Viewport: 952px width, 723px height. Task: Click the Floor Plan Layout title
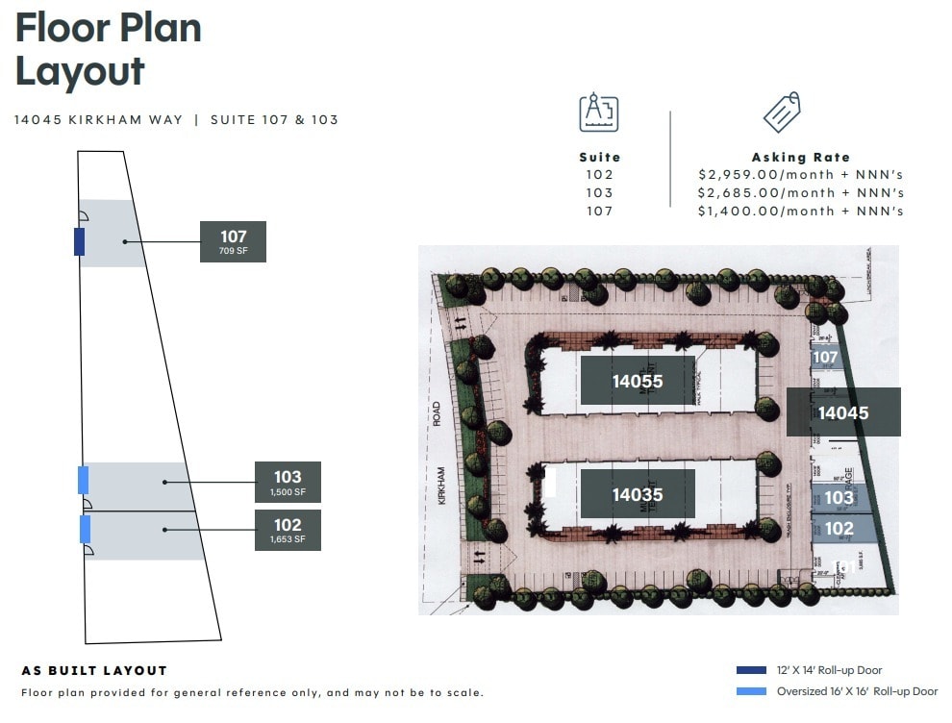pos(108,49)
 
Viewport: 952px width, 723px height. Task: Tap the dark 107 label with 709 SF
pos(233,241)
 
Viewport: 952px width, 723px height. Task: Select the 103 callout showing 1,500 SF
pos(288,482)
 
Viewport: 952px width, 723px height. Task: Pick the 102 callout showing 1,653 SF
pos(288,530)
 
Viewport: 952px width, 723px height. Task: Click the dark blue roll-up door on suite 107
pos(79,241)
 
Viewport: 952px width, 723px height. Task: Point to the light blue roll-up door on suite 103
pos(83,480)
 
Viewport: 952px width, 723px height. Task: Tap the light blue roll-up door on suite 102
pos(85,529)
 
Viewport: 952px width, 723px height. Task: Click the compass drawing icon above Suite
pos(599,113)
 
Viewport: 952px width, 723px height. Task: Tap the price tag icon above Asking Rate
pos(782,113)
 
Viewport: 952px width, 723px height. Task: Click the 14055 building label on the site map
pos(638,381)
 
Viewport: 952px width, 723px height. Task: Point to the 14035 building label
pos(638,494)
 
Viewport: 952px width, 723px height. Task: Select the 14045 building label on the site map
pos(843,412)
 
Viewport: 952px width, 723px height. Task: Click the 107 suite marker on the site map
pos(826,358)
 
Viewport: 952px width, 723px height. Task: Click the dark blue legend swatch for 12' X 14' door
pos(750,670)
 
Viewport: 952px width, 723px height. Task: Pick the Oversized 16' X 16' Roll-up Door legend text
pos(857,691)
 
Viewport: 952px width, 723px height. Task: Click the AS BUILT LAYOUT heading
pos(94,671)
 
